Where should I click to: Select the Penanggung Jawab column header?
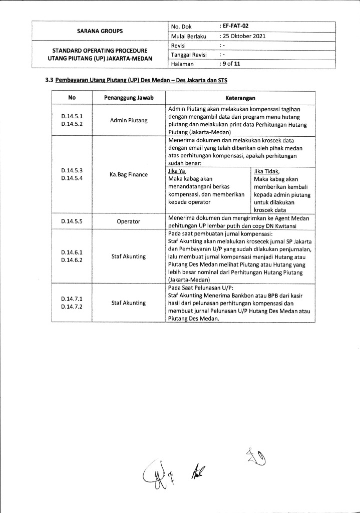(129, 98)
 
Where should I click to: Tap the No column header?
(72, 98)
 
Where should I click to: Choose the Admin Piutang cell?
(129, 121)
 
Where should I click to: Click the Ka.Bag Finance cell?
(129, 175)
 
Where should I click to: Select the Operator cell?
(129, 221)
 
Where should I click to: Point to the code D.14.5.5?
(72, 221)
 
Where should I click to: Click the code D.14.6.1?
(72, 252)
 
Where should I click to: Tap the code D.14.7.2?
(72, 307)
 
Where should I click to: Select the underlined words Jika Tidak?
(267, 171)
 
